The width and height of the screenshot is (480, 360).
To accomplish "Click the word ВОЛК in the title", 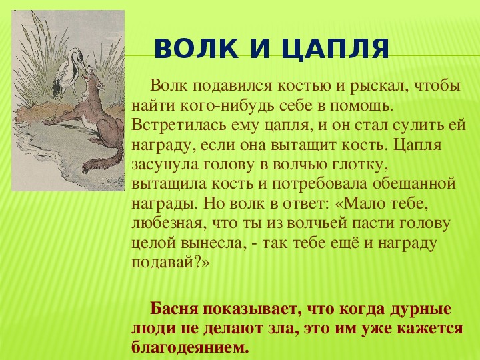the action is coord(196,49).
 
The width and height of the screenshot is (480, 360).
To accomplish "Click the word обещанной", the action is coord(415,185).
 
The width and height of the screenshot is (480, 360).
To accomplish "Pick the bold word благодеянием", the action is coord(190,347).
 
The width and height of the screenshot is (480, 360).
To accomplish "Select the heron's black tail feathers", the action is coord(57,88).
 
